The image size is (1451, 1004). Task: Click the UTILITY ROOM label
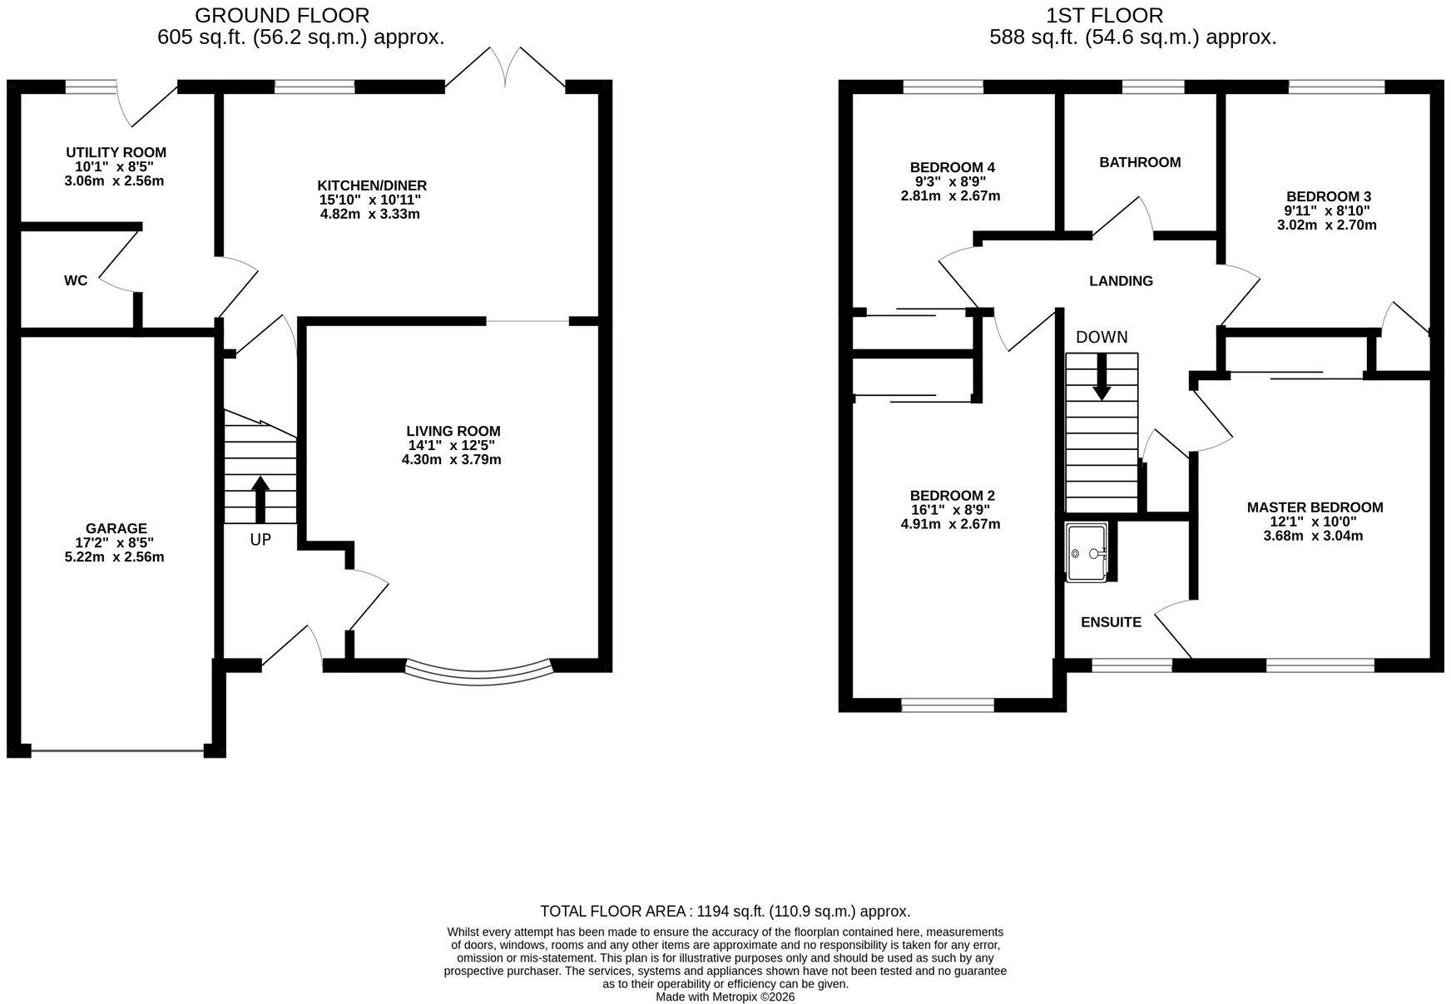pyautogui.click(x=116, y=152)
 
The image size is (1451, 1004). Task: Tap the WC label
pyautogui.click(x=76, y=280)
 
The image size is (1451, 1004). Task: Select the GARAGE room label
pyautogui.click(x=116, y=528)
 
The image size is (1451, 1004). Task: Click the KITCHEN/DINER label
pyautogui.click(x=372, y=185)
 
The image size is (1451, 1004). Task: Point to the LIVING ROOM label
pyautogui.click(x=453, y=431)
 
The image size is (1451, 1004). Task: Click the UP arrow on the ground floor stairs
pyautogui.click(x=260, y=499)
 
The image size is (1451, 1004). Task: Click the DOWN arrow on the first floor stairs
pyautogui.click(x=1102, y=377)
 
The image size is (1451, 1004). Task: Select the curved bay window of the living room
pyautogui.click(x=478, y=674)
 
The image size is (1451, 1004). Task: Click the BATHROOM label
pyautogui.click(x=1140, y=162)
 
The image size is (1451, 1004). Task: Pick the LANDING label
pyautogui.click(x=1122, y=281)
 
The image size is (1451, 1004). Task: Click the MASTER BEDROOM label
pyautogui.click(x=1315, y=507)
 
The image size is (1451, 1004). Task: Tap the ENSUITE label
pyautogui.click(x=1111, y=622)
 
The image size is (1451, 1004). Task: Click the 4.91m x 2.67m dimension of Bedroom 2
pyautogui.click(x=951, y=524)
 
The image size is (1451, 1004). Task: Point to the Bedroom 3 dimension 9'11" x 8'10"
pyautogui.click(x=1328, y=210)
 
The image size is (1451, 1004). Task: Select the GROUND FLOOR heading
pyautogui.click(x=282, y=15)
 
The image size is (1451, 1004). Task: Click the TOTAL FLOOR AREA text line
pyautogui.click(x=725, y=911)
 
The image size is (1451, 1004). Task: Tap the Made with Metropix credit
pyautogui.click(x=725, y=997)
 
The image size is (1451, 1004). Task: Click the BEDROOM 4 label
pyautogui.click(x=952, y=167)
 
